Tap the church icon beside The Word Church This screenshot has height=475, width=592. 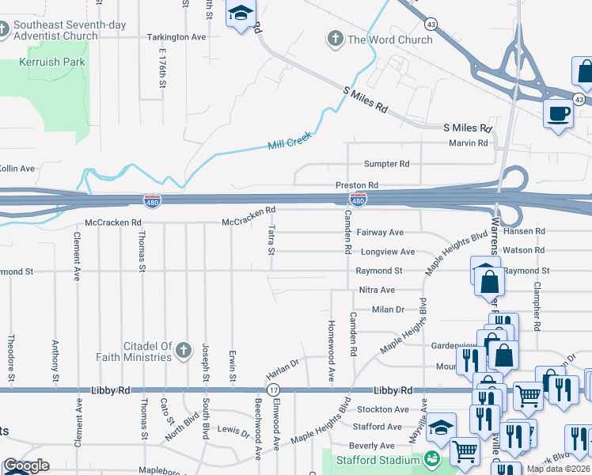pos(335,40)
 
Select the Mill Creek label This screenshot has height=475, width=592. pos(290,141)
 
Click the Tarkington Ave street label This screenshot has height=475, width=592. pos(176,37)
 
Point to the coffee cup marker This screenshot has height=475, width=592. pos(559,113)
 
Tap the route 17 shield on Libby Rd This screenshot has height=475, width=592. pos(273,390)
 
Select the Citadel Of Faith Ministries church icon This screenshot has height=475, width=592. pos(183,351)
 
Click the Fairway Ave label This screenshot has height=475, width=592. pos(380,232)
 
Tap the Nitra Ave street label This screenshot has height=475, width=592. pos(377,291)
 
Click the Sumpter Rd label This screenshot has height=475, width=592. pos(386,164)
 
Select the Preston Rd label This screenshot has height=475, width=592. pos(357,185)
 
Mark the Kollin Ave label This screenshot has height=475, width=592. pos(17,169)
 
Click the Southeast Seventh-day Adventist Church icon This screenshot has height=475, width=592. pos(6,31)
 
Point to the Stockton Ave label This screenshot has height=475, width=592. pos(382,409)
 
